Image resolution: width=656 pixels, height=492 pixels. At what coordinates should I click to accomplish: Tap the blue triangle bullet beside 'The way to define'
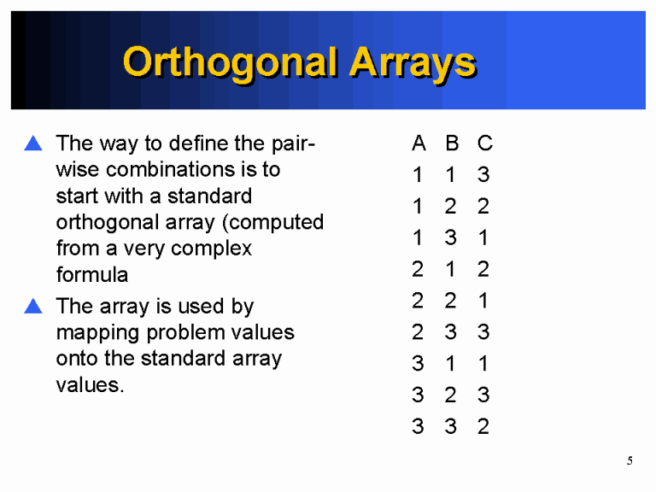click(x=33, y=143)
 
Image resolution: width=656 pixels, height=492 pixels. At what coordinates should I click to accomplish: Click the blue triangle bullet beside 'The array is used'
click(x=33, y=305)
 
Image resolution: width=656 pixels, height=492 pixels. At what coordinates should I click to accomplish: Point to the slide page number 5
click(x=630, y=461)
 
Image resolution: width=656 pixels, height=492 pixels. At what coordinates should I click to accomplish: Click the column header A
click(x=418, y=143)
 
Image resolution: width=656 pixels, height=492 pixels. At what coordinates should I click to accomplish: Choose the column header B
click(x=451, y=143)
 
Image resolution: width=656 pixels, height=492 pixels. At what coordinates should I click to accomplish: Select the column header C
click(x=484, y=143)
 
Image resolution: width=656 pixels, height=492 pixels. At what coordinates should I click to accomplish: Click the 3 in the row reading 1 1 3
click(x=484, y=175)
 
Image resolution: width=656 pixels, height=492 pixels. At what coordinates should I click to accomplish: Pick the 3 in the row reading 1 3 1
click(x=451, y=237)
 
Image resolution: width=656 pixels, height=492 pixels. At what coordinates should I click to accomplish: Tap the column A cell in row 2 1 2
click(x=418, y=269)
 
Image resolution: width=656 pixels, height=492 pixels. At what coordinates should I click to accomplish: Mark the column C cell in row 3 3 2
click(x=484, y=426)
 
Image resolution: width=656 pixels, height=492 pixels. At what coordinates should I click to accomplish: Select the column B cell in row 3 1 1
click(x=451, y=364)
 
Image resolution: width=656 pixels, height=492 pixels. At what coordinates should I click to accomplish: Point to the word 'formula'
click(x=92, y=275)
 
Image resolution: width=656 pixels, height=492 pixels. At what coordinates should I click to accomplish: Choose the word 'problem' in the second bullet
click(x=180, y=332)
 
